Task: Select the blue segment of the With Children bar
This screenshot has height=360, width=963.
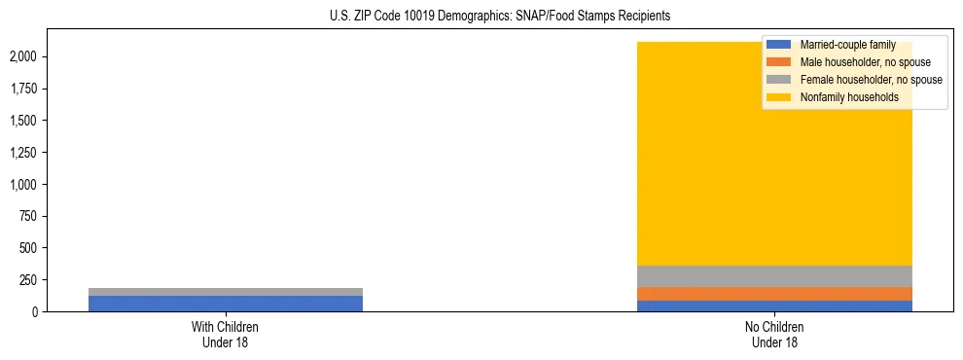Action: click(x=225, y=304)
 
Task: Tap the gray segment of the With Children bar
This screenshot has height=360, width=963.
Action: click(x=225, y=292)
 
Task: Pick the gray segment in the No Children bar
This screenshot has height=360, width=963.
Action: click(x=773, y=276)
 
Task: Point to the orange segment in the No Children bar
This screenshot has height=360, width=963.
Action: click(x=773, y=294)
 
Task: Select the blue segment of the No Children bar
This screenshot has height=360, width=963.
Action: click(x=773, y=306)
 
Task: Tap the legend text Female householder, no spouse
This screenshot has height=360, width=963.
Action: click(x=871, y=80)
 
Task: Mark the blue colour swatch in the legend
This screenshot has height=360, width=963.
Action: click(x=778, y=45)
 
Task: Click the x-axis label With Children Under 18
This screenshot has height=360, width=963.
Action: click(x=225, y=335)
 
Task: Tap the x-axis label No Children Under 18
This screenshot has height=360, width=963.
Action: click(x=773, y=335)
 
